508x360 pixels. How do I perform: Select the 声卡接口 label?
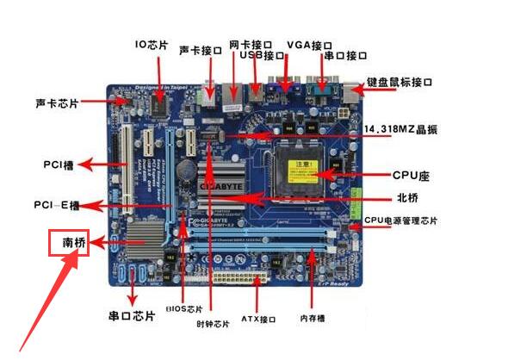[x=201, y=51]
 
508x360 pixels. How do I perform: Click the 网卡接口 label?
[x=251, y=43]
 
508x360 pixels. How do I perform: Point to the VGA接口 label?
[x=309, y=44]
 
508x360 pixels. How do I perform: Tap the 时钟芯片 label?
[x=213, y=324]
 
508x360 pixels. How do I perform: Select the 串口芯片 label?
[x=131, y=316]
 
